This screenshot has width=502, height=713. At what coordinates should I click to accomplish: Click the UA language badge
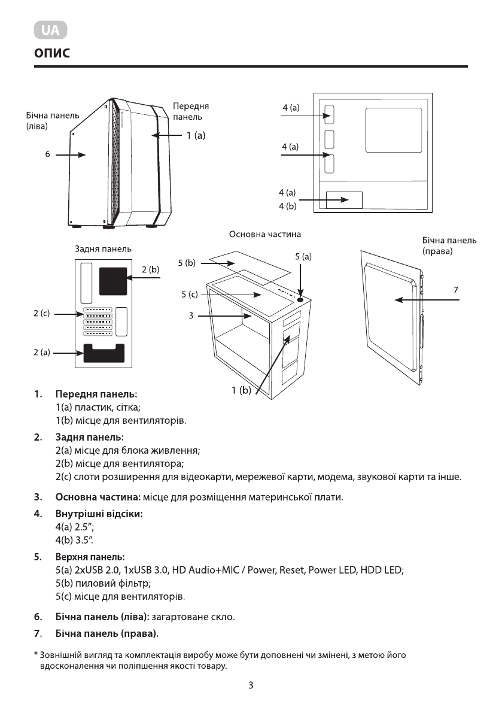pos(50,30)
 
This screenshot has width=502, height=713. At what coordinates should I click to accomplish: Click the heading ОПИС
pos(52,54)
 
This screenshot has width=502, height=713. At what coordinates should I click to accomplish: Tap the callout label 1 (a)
pos(195,136)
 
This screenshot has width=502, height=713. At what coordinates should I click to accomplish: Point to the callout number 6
pos(47,154)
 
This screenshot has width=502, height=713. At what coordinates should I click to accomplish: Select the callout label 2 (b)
pos(151,270)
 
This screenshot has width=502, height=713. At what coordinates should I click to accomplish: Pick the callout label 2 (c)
pos(41,313)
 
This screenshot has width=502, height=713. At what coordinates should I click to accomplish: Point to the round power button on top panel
pos(300,299)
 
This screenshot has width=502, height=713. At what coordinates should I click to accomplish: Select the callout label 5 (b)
pos(187,263)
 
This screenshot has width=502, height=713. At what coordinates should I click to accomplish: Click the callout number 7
pos(455,290)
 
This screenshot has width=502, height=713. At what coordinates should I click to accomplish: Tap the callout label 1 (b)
pos(242,391)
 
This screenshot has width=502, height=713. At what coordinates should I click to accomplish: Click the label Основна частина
pos(265,234)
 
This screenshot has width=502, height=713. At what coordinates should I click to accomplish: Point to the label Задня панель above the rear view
pos(104,248)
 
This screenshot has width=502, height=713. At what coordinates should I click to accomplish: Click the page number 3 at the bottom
pos(251,685)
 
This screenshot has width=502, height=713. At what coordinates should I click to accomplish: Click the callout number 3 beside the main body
pos(190,315)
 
